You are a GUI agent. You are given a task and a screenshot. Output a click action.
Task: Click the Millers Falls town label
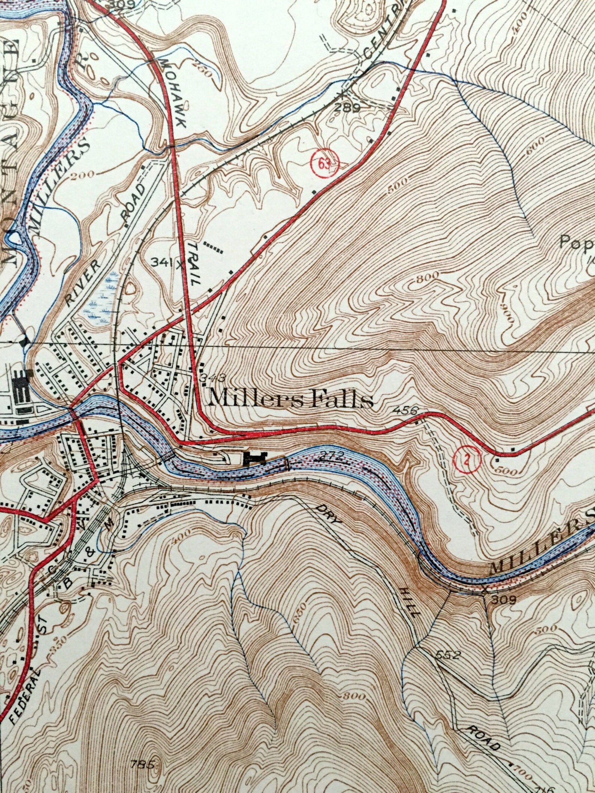tap(291, 400)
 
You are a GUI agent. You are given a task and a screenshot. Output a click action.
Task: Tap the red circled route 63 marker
tap(324, 163)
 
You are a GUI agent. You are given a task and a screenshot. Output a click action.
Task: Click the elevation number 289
tap(348, 108)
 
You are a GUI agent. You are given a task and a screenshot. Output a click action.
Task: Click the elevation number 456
tap(405, 410)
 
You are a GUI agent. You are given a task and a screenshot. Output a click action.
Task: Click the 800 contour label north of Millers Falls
tap(427, 276)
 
